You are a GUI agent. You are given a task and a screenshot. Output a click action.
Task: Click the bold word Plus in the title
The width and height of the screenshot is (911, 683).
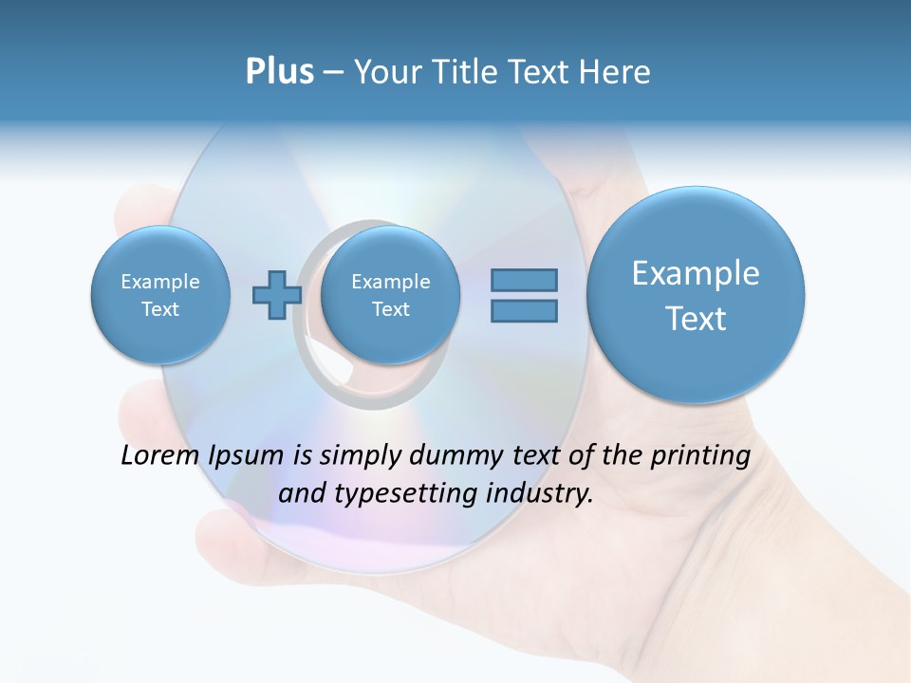[x=279, y=72]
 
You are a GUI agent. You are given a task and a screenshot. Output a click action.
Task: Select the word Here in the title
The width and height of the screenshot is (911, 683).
[x=616, y=72]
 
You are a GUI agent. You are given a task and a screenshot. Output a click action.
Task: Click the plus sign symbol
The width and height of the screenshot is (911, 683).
[x=276, y=295]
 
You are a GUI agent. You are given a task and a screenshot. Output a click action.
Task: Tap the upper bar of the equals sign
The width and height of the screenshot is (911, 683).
[x=524, y=280]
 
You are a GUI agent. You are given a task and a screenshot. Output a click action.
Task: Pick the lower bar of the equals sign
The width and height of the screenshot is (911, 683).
[x=524, y=310]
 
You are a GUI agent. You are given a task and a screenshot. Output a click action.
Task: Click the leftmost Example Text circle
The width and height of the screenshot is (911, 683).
[x=160, y=295]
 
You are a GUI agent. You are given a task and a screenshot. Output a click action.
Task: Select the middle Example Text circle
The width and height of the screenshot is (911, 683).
[x=390, y=295]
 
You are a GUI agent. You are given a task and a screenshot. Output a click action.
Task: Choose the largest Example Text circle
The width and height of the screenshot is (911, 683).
[x=696, y=295]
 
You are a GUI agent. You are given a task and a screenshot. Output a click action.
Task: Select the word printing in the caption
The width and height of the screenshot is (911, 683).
[x=700, y=455]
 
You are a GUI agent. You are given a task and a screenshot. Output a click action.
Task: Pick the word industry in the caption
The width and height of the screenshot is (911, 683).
[x=539, y=493]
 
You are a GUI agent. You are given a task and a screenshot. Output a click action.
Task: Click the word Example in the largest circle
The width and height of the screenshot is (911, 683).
[x=696, y=273]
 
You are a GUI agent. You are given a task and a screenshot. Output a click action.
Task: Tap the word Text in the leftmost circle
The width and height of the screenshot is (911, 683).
[x=160, y=309]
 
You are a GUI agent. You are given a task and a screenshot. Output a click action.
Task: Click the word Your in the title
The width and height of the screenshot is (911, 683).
[x=384, y=72]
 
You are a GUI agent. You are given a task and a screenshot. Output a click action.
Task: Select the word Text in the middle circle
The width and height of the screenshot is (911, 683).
[x=390, y=309]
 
